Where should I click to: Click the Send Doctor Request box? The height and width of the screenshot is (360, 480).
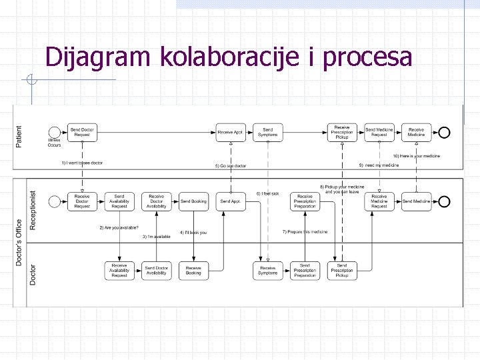click(x=82, y=133)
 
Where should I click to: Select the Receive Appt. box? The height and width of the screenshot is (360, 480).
click(x=231, y=133)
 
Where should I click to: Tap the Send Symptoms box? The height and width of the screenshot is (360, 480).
click(x=268, y=133)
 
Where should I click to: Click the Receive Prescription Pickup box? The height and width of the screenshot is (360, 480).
click(x=342, y=132)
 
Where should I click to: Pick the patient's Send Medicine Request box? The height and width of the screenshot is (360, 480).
click(x=379, y=133)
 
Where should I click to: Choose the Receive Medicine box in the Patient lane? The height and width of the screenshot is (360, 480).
click(x=416, y=133)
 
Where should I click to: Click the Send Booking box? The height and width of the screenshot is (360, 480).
click(x=193, y=201)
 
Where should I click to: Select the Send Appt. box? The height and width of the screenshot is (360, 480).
click(x=231, y=201)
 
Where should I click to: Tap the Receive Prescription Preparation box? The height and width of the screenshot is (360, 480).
click(x=305, y=201)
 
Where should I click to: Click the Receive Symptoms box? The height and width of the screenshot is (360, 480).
click(x=268, y=270)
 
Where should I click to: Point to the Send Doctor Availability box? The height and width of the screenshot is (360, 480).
click(x=157, y=270)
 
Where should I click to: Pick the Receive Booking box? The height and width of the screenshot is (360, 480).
click(x=193, y=270)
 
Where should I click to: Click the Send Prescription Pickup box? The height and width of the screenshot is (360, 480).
click(x=342, y=270)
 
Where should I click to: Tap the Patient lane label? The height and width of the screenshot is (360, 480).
click(x=19, y=137)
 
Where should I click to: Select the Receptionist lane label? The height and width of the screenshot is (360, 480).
click(x=33, y=209)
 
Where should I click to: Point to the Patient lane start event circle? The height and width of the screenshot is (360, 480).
click(x=54, y=132)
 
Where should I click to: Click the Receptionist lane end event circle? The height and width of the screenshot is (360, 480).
click(x=444, y=201)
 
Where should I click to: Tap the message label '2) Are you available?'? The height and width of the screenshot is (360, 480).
click(x=119, y=227)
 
